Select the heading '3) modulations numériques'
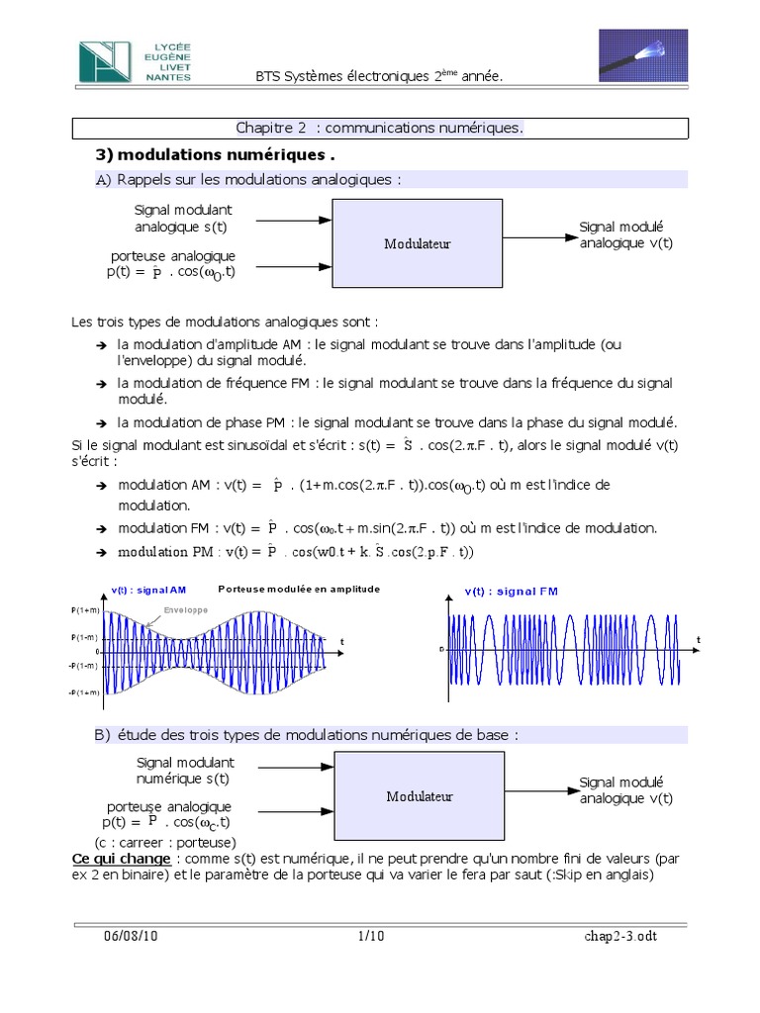click(215, 155)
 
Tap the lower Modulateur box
click(420, 795)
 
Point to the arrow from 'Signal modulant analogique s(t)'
click(296, 219)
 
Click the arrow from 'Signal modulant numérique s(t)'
click(296, 768)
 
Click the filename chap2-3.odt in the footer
click(618, 936)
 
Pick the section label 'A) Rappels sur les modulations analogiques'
click(248, 179)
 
